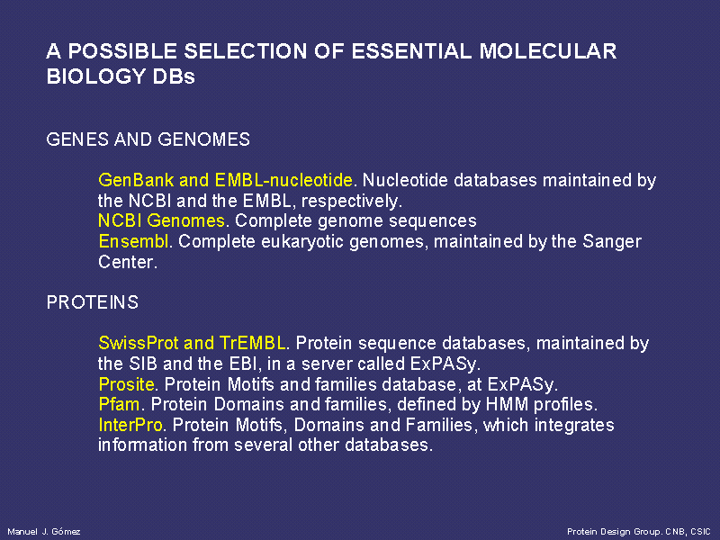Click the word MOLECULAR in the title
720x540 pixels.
coord(548,51)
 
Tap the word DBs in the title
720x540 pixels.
coord(174,76)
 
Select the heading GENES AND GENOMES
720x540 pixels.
coord(148,139)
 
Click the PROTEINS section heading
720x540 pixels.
coord(93,302)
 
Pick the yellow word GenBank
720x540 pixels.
coord(136,180)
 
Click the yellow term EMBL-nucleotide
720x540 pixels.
coord(283,180)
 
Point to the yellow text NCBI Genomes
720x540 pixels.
coord(161,220)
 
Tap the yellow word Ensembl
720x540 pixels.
coord(133,241)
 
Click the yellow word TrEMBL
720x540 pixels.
coord(252,343)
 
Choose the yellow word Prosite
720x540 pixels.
coord(126,384)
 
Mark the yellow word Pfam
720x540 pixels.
coord(119,404)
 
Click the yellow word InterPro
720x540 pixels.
coord(130,425)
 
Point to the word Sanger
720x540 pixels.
coord(612,242)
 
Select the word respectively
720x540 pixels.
coord(352,202)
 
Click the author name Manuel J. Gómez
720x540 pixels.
coord(44,531)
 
